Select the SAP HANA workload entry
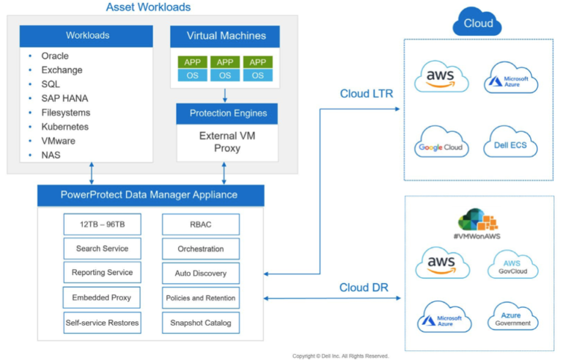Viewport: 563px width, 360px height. tap(65, 98)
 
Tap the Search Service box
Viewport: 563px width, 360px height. tap(103, 249)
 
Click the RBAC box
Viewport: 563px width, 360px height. tap(201, 224)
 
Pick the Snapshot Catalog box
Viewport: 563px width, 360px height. tap(201, 323)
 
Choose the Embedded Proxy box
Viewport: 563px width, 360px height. tap(102, 298)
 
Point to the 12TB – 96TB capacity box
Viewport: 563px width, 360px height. tap(103, 224)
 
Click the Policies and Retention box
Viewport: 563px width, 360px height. tap(201, 298)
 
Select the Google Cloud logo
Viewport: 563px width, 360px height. tap(441, 142)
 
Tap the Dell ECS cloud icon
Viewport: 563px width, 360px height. tap(510, 142)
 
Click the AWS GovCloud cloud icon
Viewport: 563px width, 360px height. tap(512, 265)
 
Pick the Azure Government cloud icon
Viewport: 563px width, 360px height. tap(512, 317)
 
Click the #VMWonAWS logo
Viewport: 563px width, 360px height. tap(477, 224)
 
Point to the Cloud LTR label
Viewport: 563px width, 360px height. tap(367, 94)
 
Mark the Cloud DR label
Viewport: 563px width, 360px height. tap(364, 287)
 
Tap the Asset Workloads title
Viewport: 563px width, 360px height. tap(148, 7)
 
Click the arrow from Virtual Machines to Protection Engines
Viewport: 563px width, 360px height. tap(225, 95)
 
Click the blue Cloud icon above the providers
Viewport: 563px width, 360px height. tap(477, 21)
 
